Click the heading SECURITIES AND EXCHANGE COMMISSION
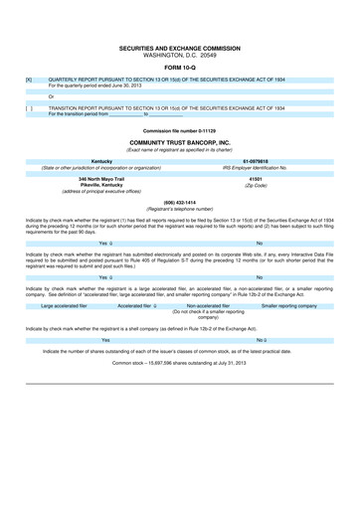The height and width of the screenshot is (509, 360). tap(180, 47)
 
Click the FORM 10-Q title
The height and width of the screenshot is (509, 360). tap(180, 68)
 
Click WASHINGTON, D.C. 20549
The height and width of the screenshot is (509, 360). tap(180, 54)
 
